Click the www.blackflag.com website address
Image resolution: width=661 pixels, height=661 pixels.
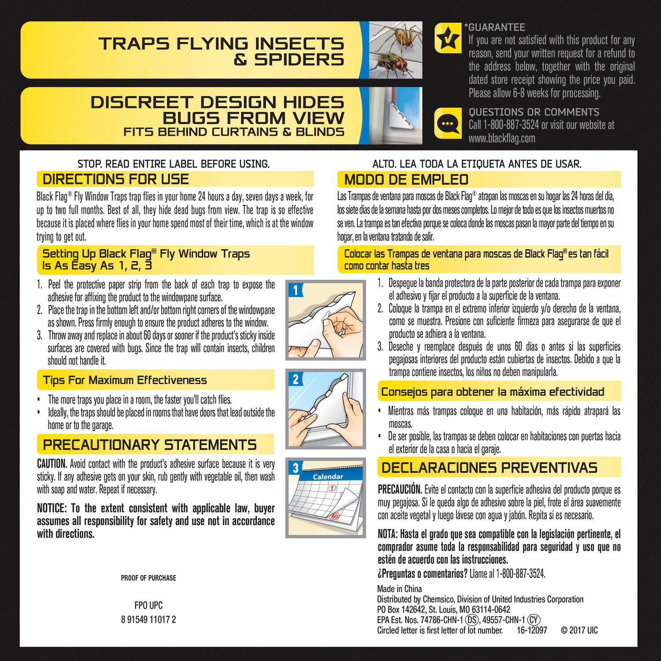point(502,138)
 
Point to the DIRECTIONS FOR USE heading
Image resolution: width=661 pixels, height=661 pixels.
point(115,179)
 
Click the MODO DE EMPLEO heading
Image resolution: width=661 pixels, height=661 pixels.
point(406,179)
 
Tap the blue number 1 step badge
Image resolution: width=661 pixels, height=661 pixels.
point(296,290)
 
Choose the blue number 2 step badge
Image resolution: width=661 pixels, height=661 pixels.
point(296,379)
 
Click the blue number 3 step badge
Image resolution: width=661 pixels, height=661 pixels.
point(296,468)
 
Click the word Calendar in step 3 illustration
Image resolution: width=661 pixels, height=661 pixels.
point(328,476)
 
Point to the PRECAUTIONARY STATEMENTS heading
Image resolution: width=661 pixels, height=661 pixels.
point(150,444)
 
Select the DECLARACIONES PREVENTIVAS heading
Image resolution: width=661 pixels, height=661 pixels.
point(490,467)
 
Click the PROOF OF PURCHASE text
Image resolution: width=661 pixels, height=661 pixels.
point(149,578)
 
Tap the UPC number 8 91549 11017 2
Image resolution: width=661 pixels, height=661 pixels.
point(149,619)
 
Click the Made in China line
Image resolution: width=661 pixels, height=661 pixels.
point(399,589)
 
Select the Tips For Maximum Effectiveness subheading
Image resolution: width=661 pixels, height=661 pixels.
point(125,380)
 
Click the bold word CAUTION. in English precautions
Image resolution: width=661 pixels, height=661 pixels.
point(52,464)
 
